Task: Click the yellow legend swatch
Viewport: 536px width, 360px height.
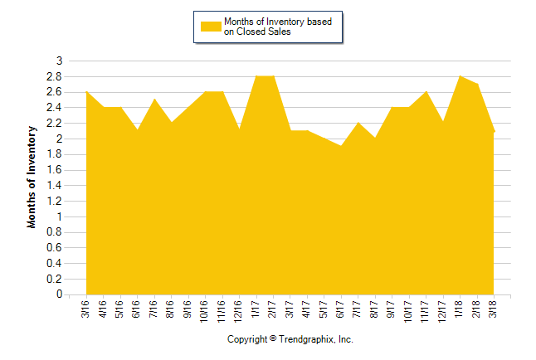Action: point(211,27)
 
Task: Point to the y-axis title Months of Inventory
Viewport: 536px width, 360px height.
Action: point(32,178)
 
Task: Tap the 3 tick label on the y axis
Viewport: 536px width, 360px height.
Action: point(59,61)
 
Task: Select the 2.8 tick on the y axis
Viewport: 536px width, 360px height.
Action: point(56,76)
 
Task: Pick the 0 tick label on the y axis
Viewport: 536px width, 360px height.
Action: point(59,294)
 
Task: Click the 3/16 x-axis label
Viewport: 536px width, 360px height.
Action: point(86,309)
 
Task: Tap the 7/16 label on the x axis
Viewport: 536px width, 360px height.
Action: point(154,309)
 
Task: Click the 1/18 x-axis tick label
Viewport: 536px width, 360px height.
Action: point(460,309)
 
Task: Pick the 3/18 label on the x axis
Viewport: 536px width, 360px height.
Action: point(494,309)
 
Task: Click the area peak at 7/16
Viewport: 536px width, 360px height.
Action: point(154,100)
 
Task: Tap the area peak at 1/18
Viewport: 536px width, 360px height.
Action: point(460,76)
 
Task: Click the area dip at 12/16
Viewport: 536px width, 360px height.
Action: point(239,130)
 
